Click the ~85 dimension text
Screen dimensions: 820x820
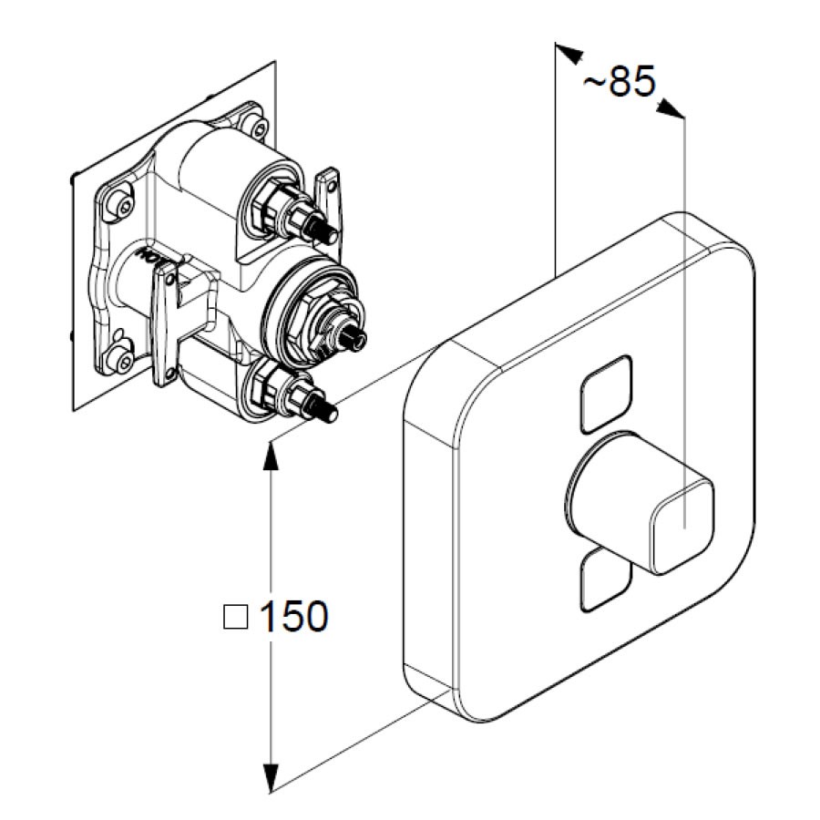[x=620, y=81]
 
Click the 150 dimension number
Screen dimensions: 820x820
[x=294, y=616]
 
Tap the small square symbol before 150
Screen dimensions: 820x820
[x=235, y=617]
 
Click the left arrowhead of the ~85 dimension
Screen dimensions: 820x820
[x=569, y=54]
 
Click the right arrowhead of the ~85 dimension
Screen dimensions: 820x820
[x=671, y=108]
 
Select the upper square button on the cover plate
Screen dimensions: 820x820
[x=606, y=395]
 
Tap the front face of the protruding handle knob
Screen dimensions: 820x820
[x=682, y=528]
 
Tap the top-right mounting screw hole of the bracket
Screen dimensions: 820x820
[x=259, y=126]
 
